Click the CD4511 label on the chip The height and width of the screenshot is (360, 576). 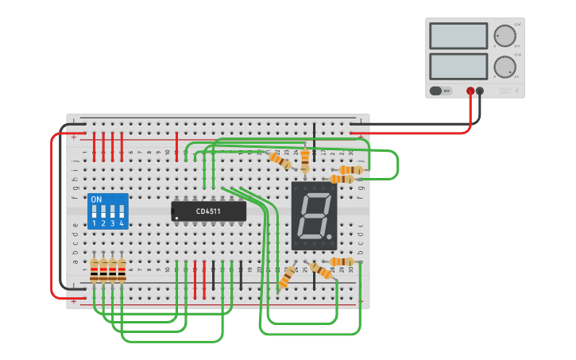208,211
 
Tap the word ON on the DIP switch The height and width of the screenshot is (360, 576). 96,199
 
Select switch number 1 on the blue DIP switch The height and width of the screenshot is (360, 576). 94,213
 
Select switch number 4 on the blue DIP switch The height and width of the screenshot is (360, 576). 122,213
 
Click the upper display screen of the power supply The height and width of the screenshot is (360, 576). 458,36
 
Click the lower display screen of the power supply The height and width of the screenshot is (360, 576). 458,66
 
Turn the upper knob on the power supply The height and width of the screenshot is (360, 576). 504,36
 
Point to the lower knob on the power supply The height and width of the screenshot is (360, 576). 504,67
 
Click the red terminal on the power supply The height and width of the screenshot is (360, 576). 470,91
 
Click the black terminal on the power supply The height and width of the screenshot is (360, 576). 480,91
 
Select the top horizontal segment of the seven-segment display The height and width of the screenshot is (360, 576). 315,194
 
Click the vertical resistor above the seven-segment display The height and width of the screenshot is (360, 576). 305,161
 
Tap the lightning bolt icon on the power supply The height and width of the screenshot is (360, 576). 517,91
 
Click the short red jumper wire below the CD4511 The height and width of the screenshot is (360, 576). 195,274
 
